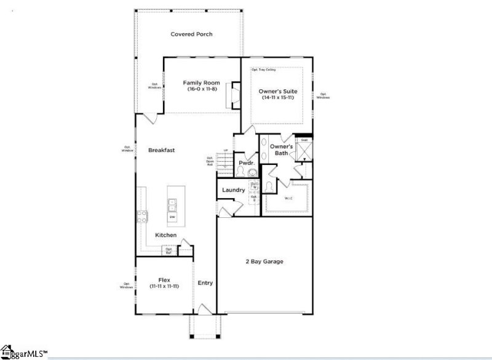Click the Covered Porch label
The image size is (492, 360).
point(191,34)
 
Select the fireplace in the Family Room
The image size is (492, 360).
point(234,95)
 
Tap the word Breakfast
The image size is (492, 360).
point(162,150)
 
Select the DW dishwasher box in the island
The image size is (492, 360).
point(172,217)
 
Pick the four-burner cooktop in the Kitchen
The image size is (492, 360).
point(141,216)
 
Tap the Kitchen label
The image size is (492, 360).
point(166,235)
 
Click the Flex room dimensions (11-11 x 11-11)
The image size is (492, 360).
point(164,286)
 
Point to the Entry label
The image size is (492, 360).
point(205,283)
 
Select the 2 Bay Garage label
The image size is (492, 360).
point(264,262)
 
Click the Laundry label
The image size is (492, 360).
point(234,190)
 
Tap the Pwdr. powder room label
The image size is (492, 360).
point(247,163)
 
